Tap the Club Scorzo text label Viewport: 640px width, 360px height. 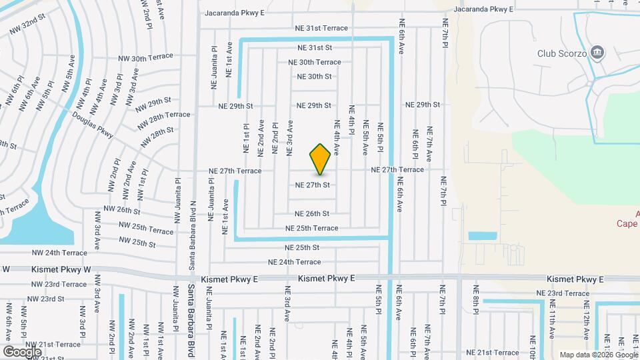click(x=561, y=53)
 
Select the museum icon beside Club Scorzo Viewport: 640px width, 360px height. click(x=597, y=52)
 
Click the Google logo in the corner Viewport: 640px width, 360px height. click(x=22, y=351)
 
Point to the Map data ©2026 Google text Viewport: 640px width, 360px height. click(x=597, y=354)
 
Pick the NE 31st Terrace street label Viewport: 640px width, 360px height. click(x=323, y=28)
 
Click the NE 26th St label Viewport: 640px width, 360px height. click(x=312, y=214)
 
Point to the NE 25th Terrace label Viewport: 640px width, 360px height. click(x=311, y=228)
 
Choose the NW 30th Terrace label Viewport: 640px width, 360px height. click(x=145, y=57)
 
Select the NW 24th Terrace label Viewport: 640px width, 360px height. click(x=60, y=253)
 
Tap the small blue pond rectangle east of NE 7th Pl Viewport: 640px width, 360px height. click(x=482, y=235)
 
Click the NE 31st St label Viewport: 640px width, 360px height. click(x=315, y=48)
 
